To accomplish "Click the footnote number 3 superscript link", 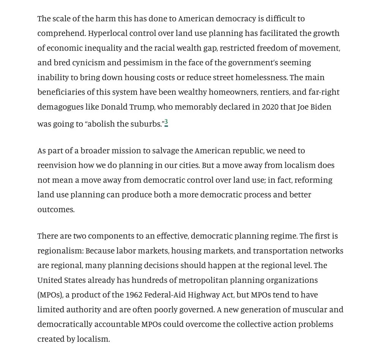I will pyautogui.click(x=166, y=122).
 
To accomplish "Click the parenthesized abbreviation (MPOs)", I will pyautogui.click(x=49, y=295).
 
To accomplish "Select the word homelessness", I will pyautogui.click(x=261, y=77).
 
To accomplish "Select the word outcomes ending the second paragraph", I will pyautogui.click(x=55, y=210).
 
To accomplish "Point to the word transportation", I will pyautogui.click(x=280, y=251).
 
